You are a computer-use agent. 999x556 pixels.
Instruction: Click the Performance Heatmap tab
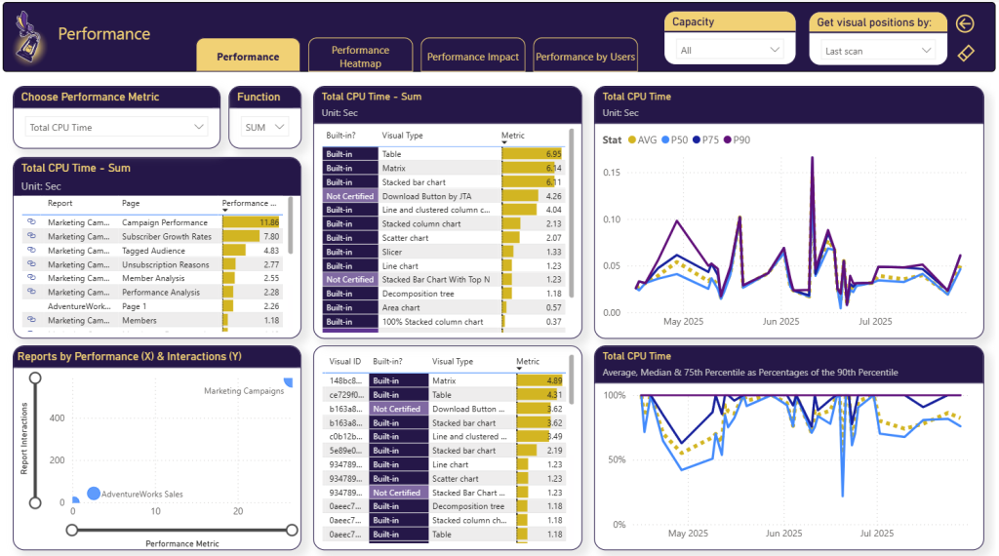[x=360, y=57]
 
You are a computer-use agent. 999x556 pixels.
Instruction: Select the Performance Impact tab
[x=473, y=57]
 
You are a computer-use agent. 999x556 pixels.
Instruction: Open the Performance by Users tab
[x=585, y=57]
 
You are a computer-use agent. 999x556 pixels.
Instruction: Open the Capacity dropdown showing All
[x=731, y=50]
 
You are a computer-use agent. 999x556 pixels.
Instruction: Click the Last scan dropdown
[x=878, y=51]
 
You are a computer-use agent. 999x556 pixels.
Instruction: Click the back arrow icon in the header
[x=966, y=23]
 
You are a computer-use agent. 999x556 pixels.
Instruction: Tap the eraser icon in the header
[x=966, y=53]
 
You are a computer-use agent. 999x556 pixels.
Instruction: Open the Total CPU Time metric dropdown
[x=116, y=127]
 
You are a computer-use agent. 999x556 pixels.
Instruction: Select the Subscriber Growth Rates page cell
[x=167, y=236]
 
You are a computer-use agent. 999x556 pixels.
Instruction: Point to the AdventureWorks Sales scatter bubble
[x=94, y=494]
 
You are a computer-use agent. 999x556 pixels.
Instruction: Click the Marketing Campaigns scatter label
[x=244, y=391]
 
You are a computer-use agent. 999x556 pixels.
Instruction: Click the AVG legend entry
[x=643, y=139]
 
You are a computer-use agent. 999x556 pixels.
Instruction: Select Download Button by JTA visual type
[x=434, y=196]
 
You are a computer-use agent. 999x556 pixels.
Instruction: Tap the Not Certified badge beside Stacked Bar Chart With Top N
[x=350, y=280]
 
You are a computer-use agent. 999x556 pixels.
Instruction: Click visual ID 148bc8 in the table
[x=346, y=380]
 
